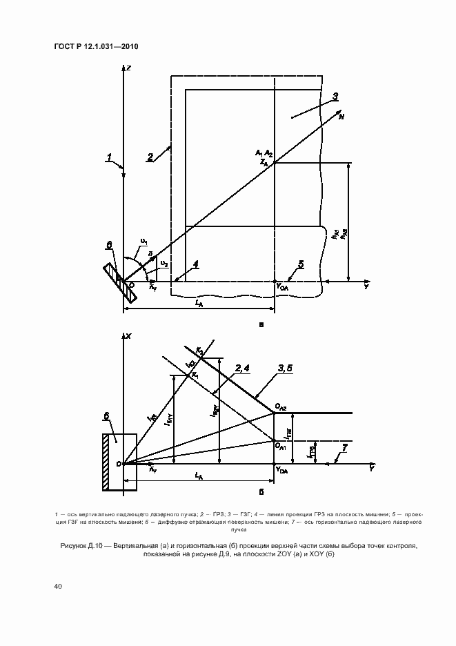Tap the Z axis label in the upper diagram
130,67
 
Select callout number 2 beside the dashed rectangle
150,157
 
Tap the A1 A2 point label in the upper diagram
264,152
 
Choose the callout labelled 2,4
242,368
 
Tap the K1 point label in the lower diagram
195,373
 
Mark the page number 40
57,586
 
